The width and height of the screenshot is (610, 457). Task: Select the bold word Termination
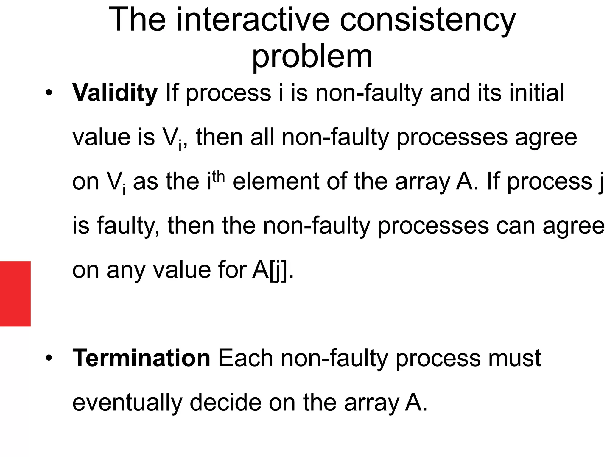point(141,358)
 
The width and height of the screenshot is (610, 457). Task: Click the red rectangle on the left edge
point(15,294)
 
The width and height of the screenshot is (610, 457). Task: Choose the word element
point(276,181)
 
